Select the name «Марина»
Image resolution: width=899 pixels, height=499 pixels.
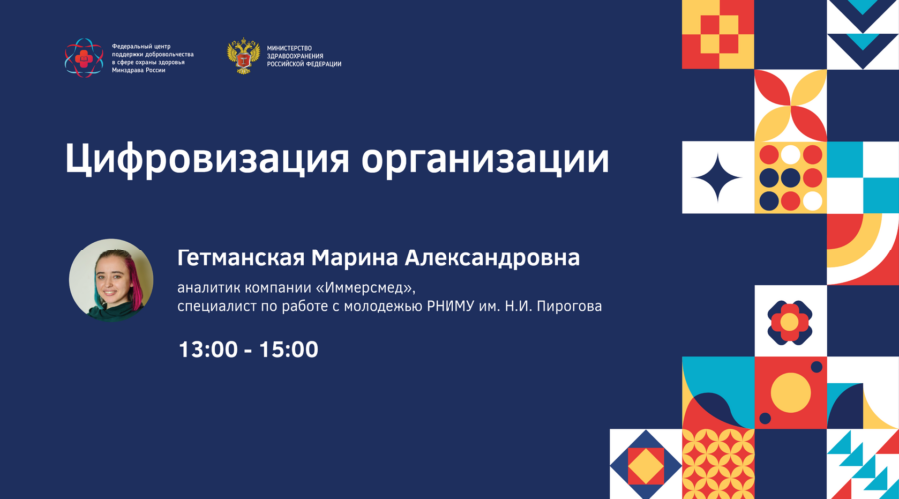click(353, 258)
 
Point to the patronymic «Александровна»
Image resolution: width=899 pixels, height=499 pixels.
click(492, 258)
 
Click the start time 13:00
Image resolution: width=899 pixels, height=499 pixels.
click(206, 350)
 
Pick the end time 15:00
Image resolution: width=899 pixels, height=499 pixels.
click(290, 350)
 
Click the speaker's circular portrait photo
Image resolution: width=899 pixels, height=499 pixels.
click(111, 279)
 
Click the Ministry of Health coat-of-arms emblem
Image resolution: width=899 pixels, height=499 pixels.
click(243, 58)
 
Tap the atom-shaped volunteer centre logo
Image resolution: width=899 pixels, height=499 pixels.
click(84, 58)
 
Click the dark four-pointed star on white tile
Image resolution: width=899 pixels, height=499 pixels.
click(717, 178)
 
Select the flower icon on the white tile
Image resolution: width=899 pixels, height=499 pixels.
click(790, 321)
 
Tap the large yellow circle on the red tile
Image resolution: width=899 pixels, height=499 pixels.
click(790, 392)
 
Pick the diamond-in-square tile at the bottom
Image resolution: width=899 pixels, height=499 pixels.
click(645, 463)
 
